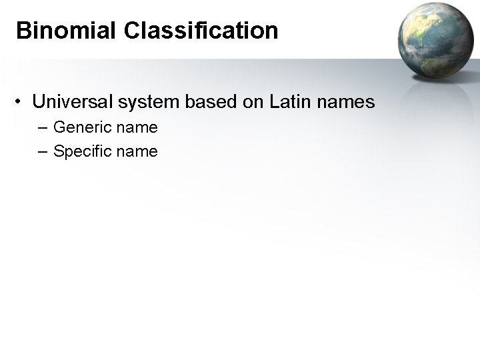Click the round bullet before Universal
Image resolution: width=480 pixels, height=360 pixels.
22,103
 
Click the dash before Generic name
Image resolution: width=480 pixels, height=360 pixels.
44,127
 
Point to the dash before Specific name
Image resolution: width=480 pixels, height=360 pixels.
44,152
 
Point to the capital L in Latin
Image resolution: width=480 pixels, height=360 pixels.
275,103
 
